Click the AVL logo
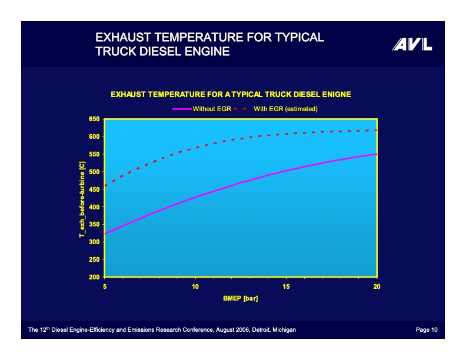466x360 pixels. (x=412, y=45)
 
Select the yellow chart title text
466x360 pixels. (x=231, y=94)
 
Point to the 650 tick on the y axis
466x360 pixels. (x=94, y=119)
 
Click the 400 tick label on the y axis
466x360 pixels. (x=94, y=207)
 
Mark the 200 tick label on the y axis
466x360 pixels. (x=94, y=277)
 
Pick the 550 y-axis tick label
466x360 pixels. (x=94, y=154)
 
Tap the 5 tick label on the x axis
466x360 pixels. (x=105, y=286)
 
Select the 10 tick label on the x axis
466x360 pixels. (x=195, y=286)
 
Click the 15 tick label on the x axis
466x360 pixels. (x=286, y=286)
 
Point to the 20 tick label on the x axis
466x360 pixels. (x=376, y=286)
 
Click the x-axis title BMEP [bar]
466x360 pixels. (x=240, y=298)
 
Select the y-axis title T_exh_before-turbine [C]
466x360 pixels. (x=82, y=199)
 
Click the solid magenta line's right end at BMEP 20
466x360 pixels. (x=376, y=154)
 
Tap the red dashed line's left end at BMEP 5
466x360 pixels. (x=105, y=186)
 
